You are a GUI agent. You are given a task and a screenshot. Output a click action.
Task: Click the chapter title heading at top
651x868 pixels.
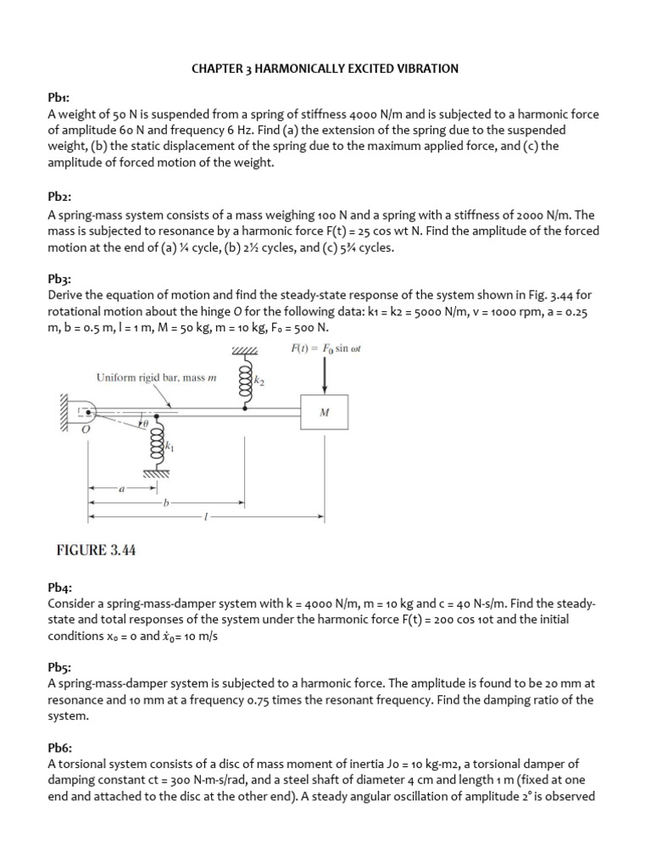click(325, 69)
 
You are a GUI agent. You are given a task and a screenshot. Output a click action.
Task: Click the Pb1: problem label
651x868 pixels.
click(60, 99)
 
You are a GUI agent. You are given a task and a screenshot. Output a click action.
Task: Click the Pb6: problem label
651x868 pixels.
click(60, 748)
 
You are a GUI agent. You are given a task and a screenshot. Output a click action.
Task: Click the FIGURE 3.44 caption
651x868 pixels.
click(96, 550)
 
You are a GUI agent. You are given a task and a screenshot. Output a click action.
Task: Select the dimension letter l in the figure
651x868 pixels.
click(204, 516)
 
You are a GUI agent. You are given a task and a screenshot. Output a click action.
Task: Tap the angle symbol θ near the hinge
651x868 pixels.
click(145, 422)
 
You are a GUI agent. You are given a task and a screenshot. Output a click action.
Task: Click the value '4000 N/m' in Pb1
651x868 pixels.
click(340, 115)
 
